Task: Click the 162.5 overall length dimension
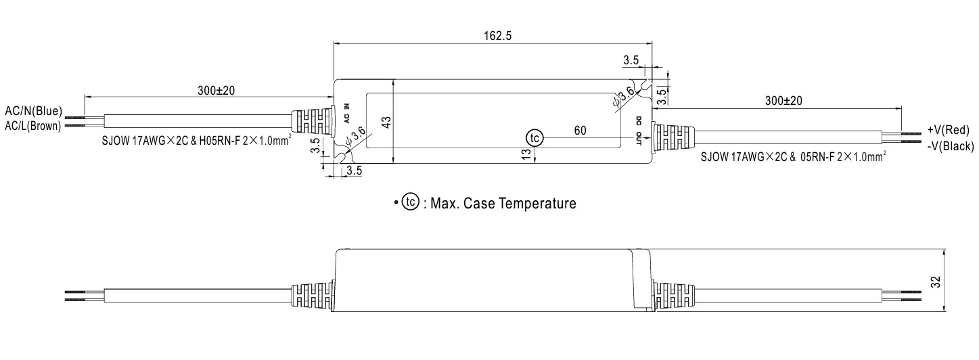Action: (497, 36)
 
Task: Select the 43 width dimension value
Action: (386, 122)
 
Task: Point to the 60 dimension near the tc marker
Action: (580, 130)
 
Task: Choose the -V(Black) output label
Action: (950, 145)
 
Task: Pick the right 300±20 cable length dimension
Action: (783, 100)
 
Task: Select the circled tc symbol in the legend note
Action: (410, 202)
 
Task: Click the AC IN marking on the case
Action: (346, 112)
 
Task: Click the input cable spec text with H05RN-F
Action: (196, 140)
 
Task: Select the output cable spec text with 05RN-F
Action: (793, 157)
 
